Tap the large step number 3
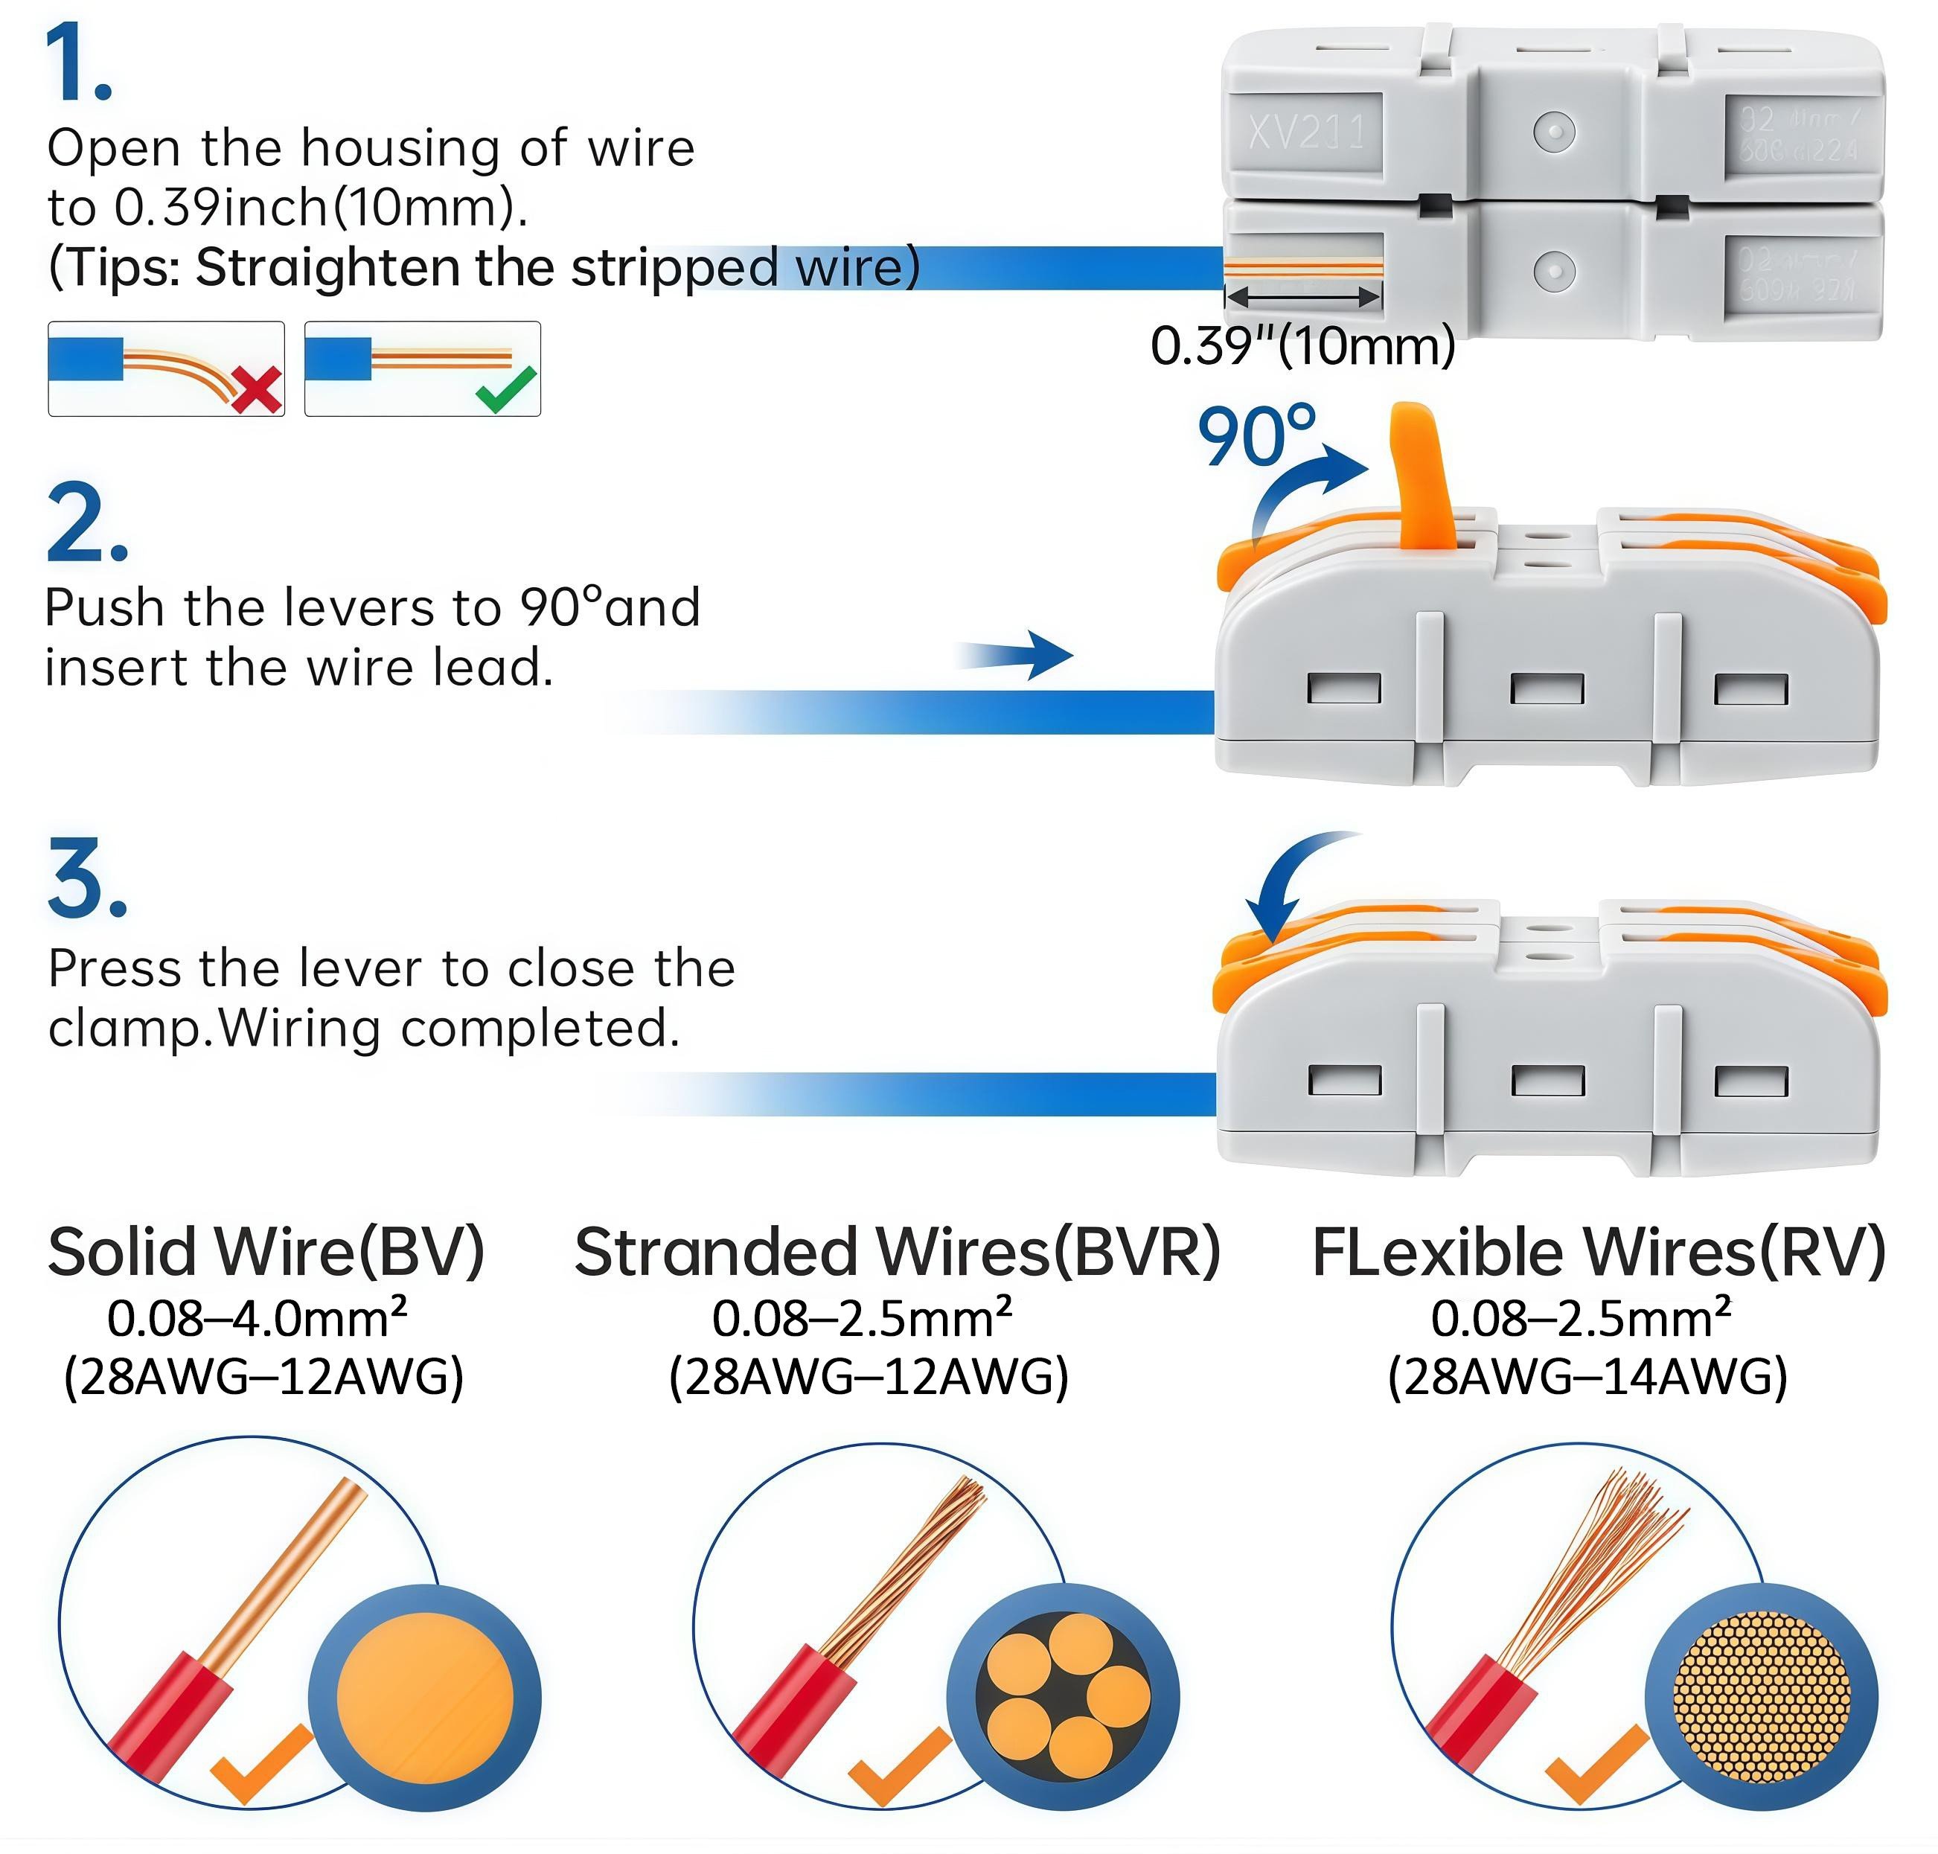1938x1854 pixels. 86,878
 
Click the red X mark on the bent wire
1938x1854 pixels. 257,389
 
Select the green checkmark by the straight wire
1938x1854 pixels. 505,389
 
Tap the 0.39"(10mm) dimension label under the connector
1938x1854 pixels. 1302,347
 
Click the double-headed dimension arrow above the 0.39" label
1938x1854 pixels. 1302,296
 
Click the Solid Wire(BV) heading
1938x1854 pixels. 266,1252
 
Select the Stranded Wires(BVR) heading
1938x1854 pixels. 896,1252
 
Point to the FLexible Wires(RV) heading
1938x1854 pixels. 1598,1252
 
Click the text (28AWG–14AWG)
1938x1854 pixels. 1586,1377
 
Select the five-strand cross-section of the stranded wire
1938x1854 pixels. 1064,1696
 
